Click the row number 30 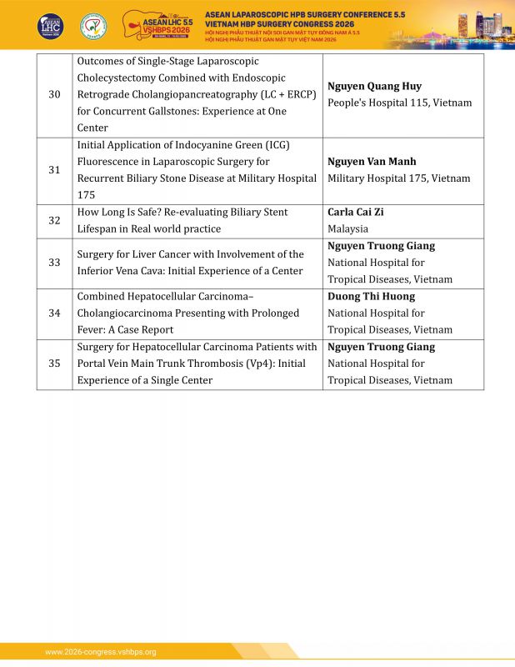(54, 95)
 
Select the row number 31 (54, 170)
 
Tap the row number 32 (54, 221)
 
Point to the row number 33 (54, 263)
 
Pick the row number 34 (54, 313)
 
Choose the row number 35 (54, 364)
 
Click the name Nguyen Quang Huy (374, 87)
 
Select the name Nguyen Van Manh (372, 162)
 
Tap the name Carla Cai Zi (356, 213)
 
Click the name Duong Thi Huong (371, 297)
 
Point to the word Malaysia (347, 228)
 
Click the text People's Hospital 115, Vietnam (399, 103)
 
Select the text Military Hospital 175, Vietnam (398, 178)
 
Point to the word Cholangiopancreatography (194, 95)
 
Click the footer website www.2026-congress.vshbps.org (100, 652)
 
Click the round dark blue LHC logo (50, 25)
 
